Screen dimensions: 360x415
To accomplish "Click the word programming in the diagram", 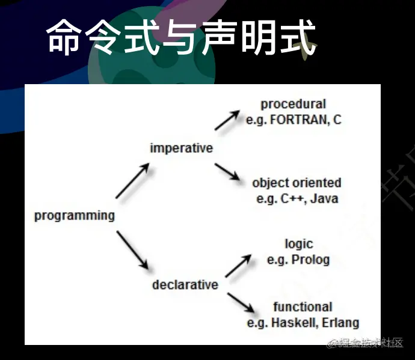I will click(x=74, y=216).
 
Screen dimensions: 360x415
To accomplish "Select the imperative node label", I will click(x=181, y=148).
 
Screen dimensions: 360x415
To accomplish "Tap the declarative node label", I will click(x=185, y=284).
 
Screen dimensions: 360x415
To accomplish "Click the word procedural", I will click(x=293, y=105).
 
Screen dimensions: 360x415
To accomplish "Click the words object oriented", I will click(x=297, y=183).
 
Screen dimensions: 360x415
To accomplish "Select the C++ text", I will click(x=291, y=198).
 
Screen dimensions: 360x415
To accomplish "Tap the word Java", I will click(x=325, y=198).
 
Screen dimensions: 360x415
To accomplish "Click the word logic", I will click(x=299, y=244).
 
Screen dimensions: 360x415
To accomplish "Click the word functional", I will click(x=303, y=307).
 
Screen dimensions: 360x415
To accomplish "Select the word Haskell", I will click(x=294, y=323).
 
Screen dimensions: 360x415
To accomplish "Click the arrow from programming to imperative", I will click(x=132, y=182).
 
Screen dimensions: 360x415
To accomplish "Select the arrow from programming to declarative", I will click(x=132, y=249).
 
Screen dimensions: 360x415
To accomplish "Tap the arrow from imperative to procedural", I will click(x=227, y=120).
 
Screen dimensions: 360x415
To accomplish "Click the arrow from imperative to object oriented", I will click(x=227, y=172).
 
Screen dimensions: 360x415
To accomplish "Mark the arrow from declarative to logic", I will click(x=238, y=266).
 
